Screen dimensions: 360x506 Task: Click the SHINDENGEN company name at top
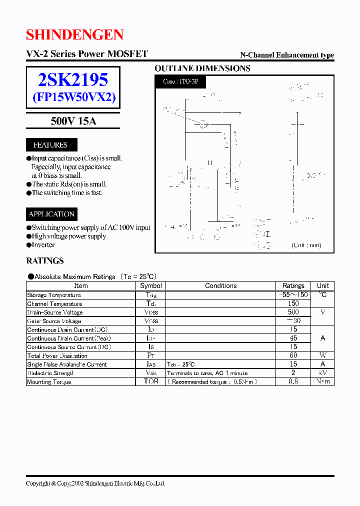point(74,34)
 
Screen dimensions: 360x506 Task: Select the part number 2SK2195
point(73,79)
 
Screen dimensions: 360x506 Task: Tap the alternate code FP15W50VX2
point(73,97)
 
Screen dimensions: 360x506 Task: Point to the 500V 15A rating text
point(73,121)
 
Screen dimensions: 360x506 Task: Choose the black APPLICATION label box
point(51,214)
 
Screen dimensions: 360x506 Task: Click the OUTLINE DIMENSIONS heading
point(202,68)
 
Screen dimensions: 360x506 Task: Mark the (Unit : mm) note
point(306,245)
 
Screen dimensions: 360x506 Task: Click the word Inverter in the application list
point(43,245)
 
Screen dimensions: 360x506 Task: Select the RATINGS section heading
point(45,260)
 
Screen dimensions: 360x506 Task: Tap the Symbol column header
point(150,286)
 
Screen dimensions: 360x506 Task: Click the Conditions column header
point(220,286)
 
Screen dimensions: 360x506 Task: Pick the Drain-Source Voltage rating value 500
point(293,312)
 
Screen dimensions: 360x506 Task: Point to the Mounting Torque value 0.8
point(293,381)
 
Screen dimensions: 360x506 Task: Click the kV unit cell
point(323,373)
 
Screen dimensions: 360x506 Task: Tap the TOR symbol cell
point(150,381)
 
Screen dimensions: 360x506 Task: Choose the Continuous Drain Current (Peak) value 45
point(293,338)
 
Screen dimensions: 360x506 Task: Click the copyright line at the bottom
point(95,483)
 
